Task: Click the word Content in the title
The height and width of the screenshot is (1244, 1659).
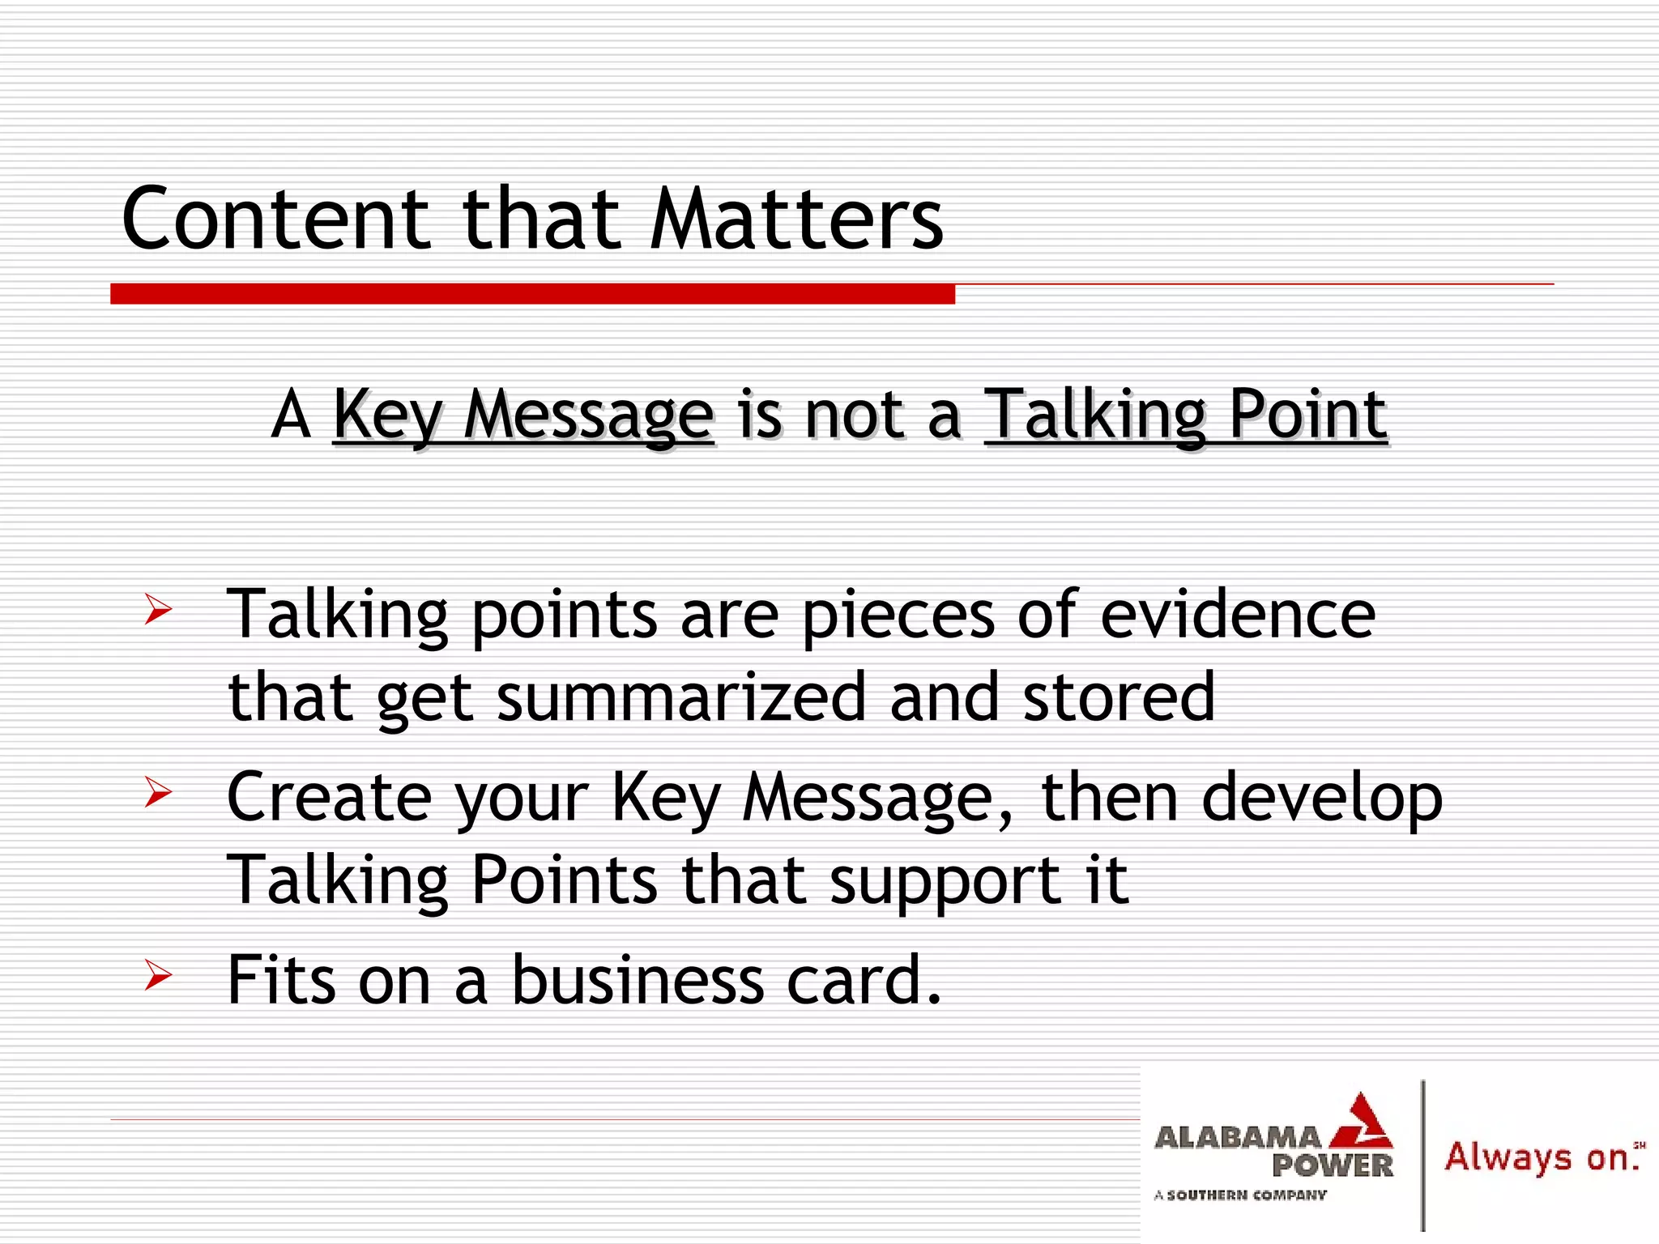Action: coord(275,219)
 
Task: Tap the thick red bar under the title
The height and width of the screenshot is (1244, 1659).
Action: coord(532,293)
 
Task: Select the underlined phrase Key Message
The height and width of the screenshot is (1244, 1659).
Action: coord(523,415)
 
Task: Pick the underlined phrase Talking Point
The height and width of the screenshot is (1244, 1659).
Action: coord(1185,415)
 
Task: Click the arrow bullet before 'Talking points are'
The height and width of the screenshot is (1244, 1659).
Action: coord(158,609)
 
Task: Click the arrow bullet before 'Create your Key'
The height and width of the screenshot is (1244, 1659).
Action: coord(158,791)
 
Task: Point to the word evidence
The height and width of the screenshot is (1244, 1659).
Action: coord(1237,614)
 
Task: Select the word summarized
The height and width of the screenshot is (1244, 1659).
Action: coord(681,697)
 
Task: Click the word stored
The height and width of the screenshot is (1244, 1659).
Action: coord(1119,697)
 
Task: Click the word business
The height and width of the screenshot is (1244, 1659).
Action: coord(638,980)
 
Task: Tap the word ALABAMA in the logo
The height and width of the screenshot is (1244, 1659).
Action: coord(1237,1138)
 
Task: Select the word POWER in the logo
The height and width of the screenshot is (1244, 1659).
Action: coord(1332,1166)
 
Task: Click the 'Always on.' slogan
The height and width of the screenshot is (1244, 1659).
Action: coord(1542,1157)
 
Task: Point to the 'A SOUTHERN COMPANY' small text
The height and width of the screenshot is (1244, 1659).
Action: coord(1240,1195)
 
